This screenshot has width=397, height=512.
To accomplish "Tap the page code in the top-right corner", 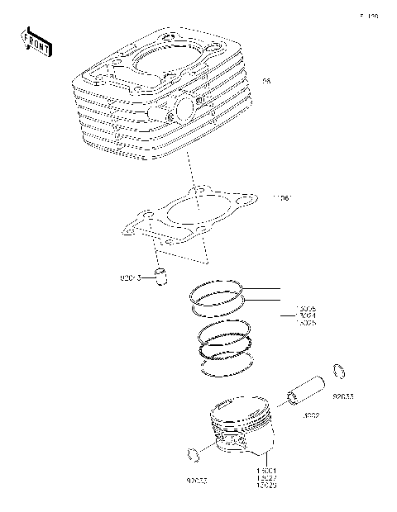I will pyautogui.click(x=368, y=16).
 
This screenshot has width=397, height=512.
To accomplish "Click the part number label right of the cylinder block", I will pyautogui.click(x=265, y=81).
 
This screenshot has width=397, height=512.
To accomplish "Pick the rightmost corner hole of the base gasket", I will pyautogui.click(x=246, y=201).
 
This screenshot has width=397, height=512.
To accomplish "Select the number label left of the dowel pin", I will pyautogui.click(x=128, y=276).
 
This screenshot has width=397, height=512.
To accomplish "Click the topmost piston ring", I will pyautogui.click(x=216, y=291).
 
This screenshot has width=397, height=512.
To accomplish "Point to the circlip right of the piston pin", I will pyautogui.click(x=338, y=371).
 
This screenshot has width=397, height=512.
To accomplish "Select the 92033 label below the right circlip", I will pyautogui.click(x=343, y=396).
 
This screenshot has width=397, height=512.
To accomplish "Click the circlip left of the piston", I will pyautogui.click(x=194, y=454).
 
